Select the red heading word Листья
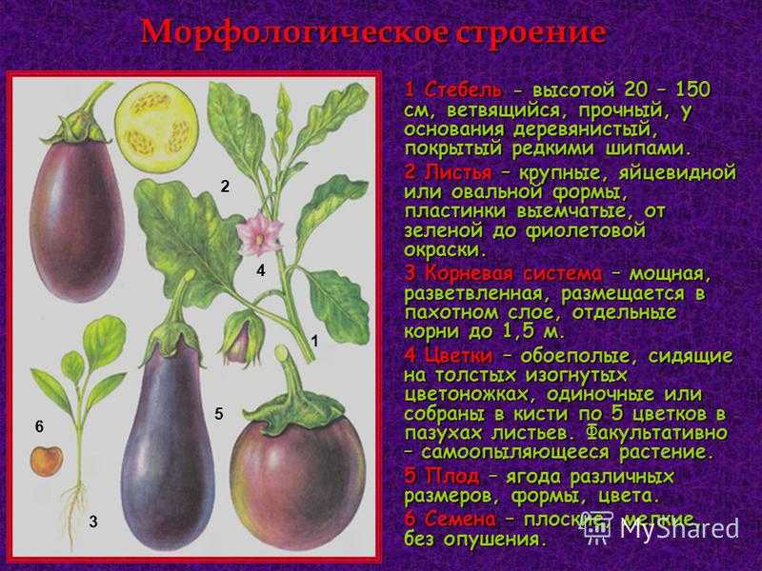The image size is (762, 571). click(x=458, y=173)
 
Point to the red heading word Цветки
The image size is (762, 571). click(x=458, y=356)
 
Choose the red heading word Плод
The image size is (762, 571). click(x=451, y=477)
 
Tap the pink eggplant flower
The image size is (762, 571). click(x=259, y=235)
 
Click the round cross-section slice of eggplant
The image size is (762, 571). click(x=156, y=127)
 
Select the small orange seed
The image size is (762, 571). click(x=47, y=461)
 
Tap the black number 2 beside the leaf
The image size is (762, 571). click(x=225, y=187)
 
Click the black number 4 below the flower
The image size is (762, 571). click(x=261, y=270)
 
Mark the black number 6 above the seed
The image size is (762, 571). click(x=39, y=426)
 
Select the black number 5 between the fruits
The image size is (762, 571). click(x=219, y=414)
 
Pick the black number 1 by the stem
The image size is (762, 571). click(x=315, y=342)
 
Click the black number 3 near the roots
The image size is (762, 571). click(x=93, y=522)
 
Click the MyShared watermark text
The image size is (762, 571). click(x=679, y=528)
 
